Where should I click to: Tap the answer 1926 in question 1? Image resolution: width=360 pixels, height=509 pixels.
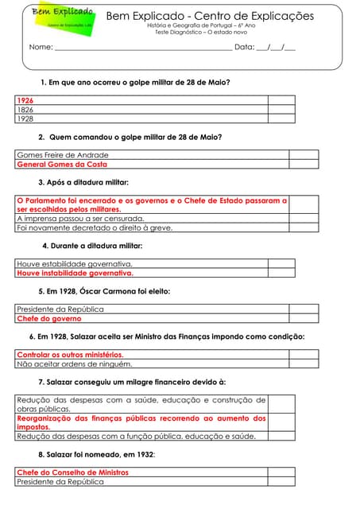25,101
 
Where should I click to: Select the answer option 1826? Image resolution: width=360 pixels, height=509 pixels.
25,110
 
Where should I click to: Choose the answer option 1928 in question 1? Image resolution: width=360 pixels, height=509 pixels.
25,119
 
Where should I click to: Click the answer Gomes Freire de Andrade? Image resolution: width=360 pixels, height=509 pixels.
62,155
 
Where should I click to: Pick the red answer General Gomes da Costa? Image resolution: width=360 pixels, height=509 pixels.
62,165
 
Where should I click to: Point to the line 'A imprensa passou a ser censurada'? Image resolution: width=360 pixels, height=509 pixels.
80,218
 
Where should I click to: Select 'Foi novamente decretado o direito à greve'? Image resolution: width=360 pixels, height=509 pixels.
94,227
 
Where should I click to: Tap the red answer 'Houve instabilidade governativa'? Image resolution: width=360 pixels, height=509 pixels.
75,273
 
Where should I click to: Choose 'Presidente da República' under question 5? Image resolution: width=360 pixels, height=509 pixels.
60,309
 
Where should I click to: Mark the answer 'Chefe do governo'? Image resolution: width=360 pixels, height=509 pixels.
49,318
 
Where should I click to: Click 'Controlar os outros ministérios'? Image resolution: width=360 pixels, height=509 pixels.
70,355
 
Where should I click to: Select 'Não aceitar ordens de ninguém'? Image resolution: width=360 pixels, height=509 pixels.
74,364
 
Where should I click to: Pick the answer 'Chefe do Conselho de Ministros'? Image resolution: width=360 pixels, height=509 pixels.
72,472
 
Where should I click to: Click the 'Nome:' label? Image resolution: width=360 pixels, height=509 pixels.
41,48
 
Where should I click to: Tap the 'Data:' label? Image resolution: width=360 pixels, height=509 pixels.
244,48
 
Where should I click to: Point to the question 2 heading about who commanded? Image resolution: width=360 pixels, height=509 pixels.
130,137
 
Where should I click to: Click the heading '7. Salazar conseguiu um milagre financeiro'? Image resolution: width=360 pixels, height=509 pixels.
132,382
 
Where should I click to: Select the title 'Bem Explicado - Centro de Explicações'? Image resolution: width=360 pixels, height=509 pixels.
209,16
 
